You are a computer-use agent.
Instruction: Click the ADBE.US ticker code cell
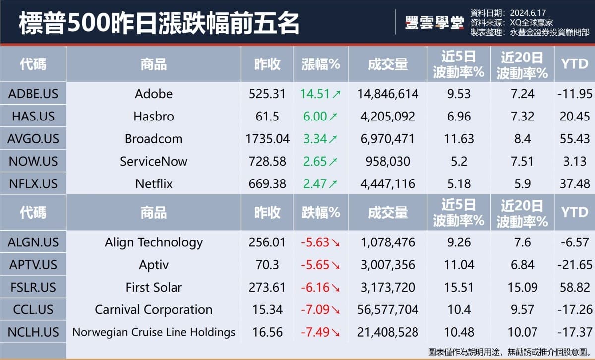33,94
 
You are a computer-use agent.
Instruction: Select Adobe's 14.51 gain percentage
313,94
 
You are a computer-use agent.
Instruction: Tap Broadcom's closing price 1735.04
267,139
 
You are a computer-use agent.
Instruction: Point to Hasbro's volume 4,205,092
388,117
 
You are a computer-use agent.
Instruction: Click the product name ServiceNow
154,161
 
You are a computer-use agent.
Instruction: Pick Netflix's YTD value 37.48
575,183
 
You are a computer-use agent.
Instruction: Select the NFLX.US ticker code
33,183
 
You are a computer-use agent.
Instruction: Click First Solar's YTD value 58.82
575,287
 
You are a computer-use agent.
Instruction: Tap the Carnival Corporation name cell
154,310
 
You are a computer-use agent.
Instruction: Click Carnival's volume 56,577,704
388,310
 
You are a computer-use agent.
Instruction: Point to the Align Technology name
154,242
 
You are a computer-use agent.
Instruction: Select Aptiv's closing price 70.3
267,265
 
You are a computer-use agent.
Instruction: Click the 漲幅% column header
321,64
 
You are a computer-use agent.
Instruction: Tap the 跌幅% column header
321,212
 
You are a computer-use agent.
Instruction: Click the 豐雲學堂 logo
434,23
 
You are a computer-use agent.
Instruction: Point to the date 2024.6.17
528,12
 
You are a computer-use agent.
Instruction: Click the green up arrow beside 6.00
333,117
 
